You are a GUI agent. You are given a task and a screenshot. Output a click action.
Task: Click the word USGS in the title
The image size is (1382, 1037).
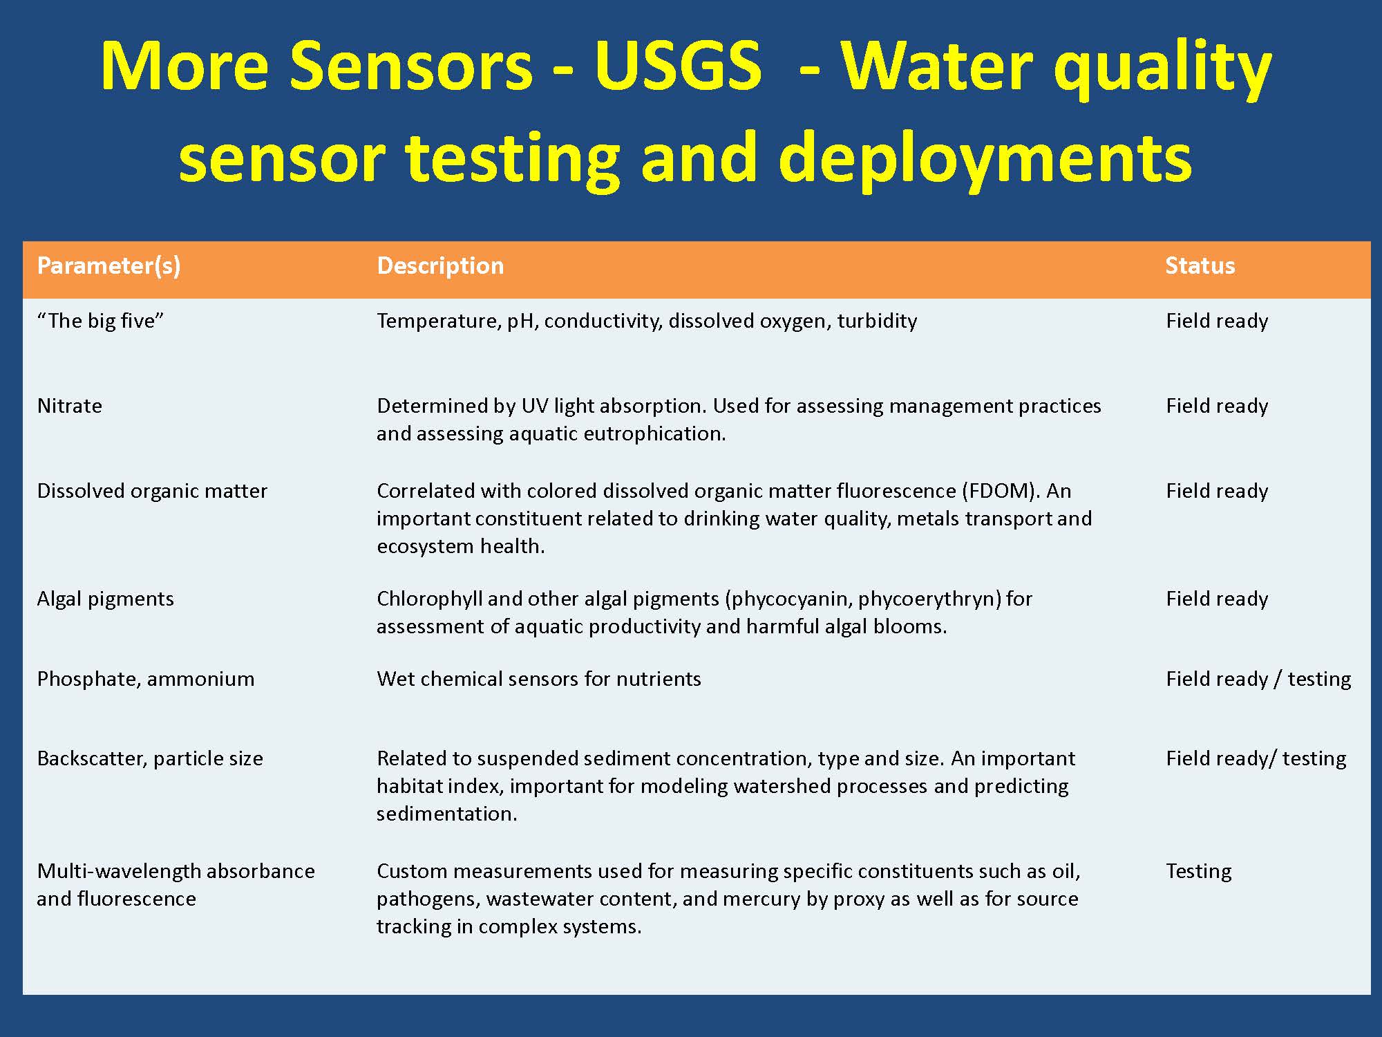pos(677,66)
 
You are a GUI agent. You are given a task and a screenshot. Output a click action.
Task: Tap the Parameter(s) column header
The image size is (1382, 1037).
pos(108,266)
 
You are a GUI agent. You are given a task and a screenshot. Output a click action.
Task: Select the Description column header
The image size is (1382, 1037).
pos(440,266)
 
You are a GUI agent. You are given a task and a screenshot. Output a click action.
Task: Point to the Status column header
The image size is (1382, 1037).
pos(1200,266)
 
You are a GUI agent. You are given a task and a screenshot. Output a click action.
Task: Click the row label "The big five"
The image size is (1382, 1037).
pos(100,321)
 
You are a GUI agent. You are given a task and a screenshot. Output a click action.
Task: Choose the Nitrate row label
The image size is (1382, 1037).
pos(69,406)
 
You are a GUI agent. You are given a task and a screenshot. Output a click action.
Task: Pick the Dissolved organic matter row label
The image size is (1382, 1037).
pos(152,492)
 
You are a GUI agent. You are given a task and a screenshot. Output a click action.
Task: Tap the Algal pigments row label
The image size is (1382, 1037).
pos(105,599)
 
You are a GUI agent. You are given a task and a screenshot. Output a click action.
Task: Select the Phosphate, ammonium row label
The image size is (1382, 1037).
pos(146,680)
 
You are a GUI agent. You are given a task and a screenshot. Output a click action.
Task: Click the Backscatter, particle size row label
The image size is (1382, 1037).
pos(150,759)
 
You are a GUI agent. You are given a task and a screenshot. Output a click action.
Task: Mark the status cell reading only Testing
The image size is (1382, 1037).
pos(1198,872)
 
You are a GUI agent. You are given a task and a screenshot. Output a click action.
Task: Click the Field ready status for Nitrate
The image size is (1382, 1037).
pos(1217,407)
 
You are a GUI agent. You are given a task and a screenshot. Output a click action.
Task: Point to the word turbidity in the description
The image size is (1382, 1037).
pos(877,321)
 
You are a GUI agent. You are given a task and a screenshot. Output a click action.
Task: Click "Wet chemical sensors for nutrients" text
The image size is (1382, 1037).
pos(539,679)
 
